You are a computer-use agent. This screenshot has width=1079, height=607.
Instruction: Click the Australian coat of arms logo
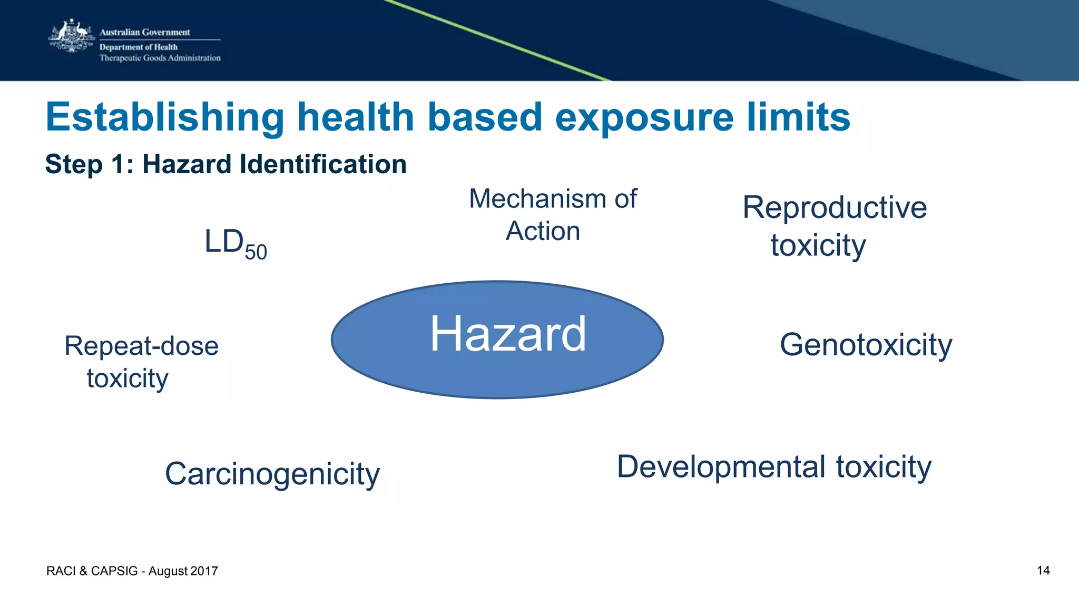coord(71,37)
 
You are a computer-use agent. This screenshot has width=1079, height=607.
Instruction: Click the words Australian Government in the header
coord(144,32)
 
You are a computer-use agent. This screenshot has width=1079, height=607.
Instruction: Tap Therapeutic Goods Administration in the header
coord(160,58)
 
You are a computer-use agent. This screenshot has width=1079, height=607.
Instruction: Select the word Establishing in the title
coord(164,117)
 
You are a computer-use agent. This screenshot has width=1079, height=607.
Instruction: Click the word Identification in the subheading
coord(323,164)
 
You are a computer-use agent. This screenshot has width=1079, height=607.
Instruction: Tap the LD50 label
coord(235,244)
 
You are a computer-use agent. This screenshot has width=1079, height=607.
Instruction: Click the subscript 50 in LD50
coord(256,253)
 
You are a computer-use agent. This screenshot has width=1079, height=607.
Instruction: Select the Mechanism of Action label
coord(552,215)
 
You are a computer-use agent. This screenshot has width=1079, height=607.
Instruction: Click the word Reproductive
coord(834,208)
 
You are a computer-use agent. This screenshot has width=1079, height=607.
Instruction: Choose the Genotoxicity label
coord(866,345)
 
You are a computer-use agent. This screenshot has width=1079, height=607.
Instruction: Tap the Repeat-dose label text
coord(141,346)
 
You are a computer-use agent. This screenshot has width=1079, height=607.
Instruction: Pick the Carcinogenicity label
coord(272,474)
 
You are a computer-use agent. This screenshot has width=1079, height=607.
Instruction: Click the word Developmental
coord(721,467)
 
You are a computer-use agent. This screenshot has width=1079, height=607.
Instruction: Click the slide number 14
coord(1043,571)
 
